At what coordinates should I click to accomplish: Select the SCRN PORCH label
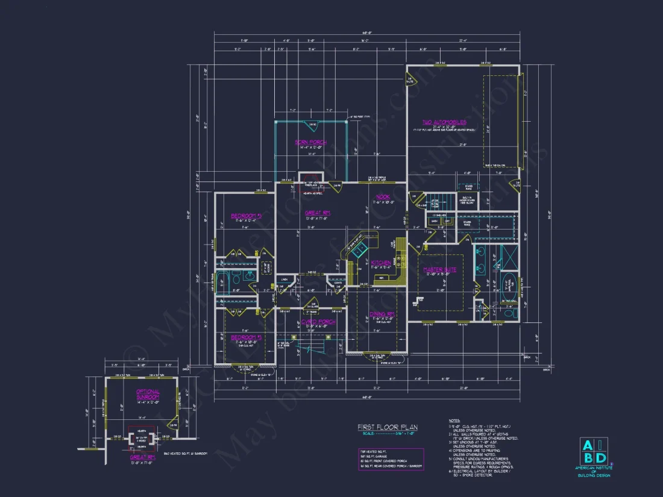pyautogui.click(x=310, y=143)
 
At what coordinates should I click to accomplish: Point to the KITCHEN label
pyautogui.click(x=381, y=263)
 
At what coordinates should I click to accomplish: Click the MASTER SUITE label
pyautogui.click(x=439, y=269)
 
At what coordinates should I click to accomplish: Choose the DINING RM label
pyautogui.click(x=382, y=314)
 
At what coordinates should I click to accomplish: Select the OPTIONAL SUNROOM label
pyautogui.click(x=148, y=395)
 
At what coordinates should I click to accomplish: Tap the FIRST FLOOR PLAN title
pyautogui.click(x=387, y=427)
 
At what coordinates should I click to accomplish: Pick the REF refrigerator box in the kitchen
pyautogui.click(x=380, y=278)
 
